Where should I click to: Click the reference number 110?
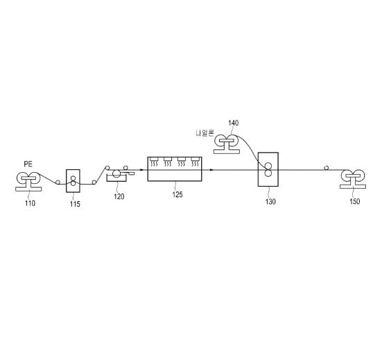30,203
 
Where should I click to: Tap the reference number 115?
75,205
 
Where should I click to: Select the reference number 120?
119,196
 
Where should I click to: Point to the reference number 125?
177,194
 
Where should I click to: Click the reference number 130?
270,202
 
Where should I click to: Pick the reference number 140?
233,123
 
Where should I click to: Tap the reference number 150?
355,201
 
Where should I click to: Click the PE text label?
28,164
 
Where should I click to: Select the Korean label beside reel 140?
205,133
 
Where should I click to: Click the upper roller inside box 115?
73,178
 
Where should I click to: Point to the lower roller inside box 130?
268,173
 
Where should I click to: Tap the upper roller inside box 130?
268,166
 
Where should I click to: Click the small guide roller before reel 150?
326,168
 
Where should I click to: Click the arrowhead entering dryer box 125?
141,170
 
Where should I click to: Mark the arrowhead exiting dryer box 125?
211,170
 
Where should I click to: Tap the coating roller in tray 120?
116,173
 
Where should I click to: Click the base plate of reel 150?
353,187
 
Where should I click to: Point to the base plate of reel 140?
227,151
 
